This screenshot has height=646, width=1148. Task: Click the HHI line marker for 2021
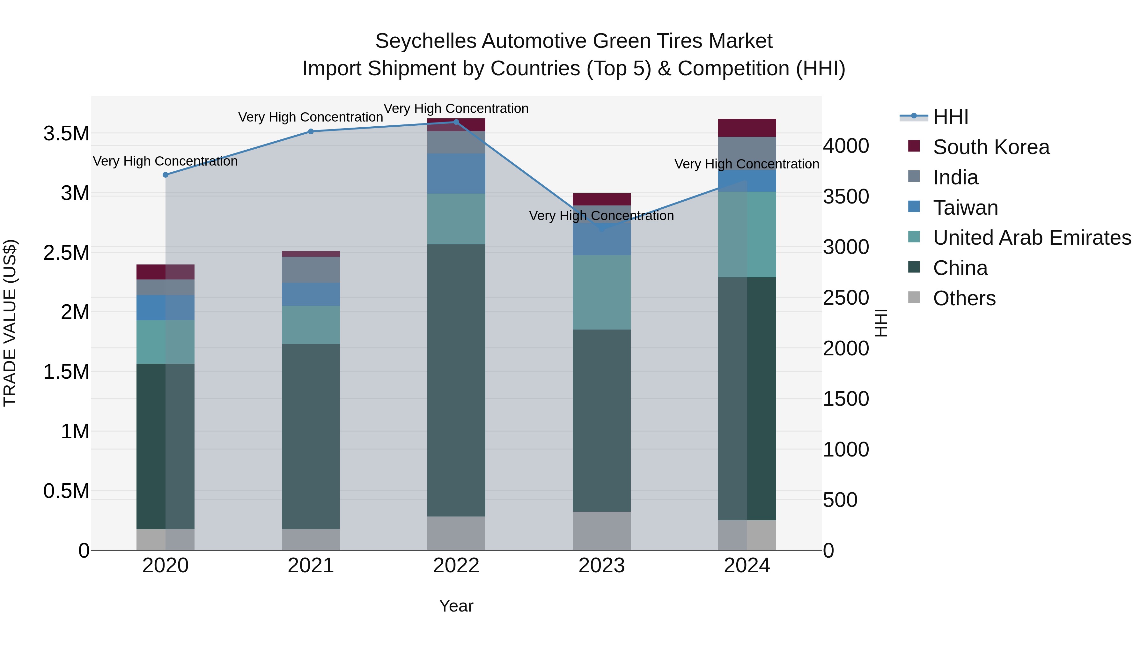click(311, 131)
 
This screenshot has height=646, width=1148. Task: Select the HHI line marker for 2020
click(165, 175)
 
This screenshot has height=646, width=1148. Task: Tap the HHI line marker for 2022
click(456, 122)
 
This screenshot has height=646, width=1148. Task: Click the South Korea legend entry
click(991, 147)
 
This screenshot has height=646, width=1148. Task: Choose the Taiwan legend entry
click(965, 208)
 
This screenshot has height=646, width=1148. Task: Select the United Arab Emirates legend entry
click(1032, 238)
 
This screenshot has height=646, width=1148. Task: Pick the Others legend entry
click(964, 298)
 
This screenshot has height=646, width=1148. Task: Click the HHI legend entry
click(950, 117)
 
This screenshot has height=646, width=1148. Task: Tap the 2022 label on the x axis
click(456, 566)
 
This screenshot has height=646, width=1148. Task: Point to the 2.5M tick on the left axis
click(66, 253)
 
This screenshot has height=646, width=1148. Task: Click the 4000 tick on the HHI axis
click(845, 146)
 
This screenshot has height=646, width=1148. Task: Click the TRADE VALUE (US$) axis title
click(10, 323)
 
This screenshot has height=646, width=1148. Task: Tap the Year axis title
click(456, 606)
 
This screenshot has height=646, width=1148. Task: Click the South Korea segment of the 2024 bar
click(747, 128)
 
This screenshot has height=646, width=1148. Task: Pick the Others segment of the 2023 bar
click(602, 531)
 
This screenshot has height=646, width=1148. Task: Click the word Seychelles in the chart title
click(426, 41)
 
